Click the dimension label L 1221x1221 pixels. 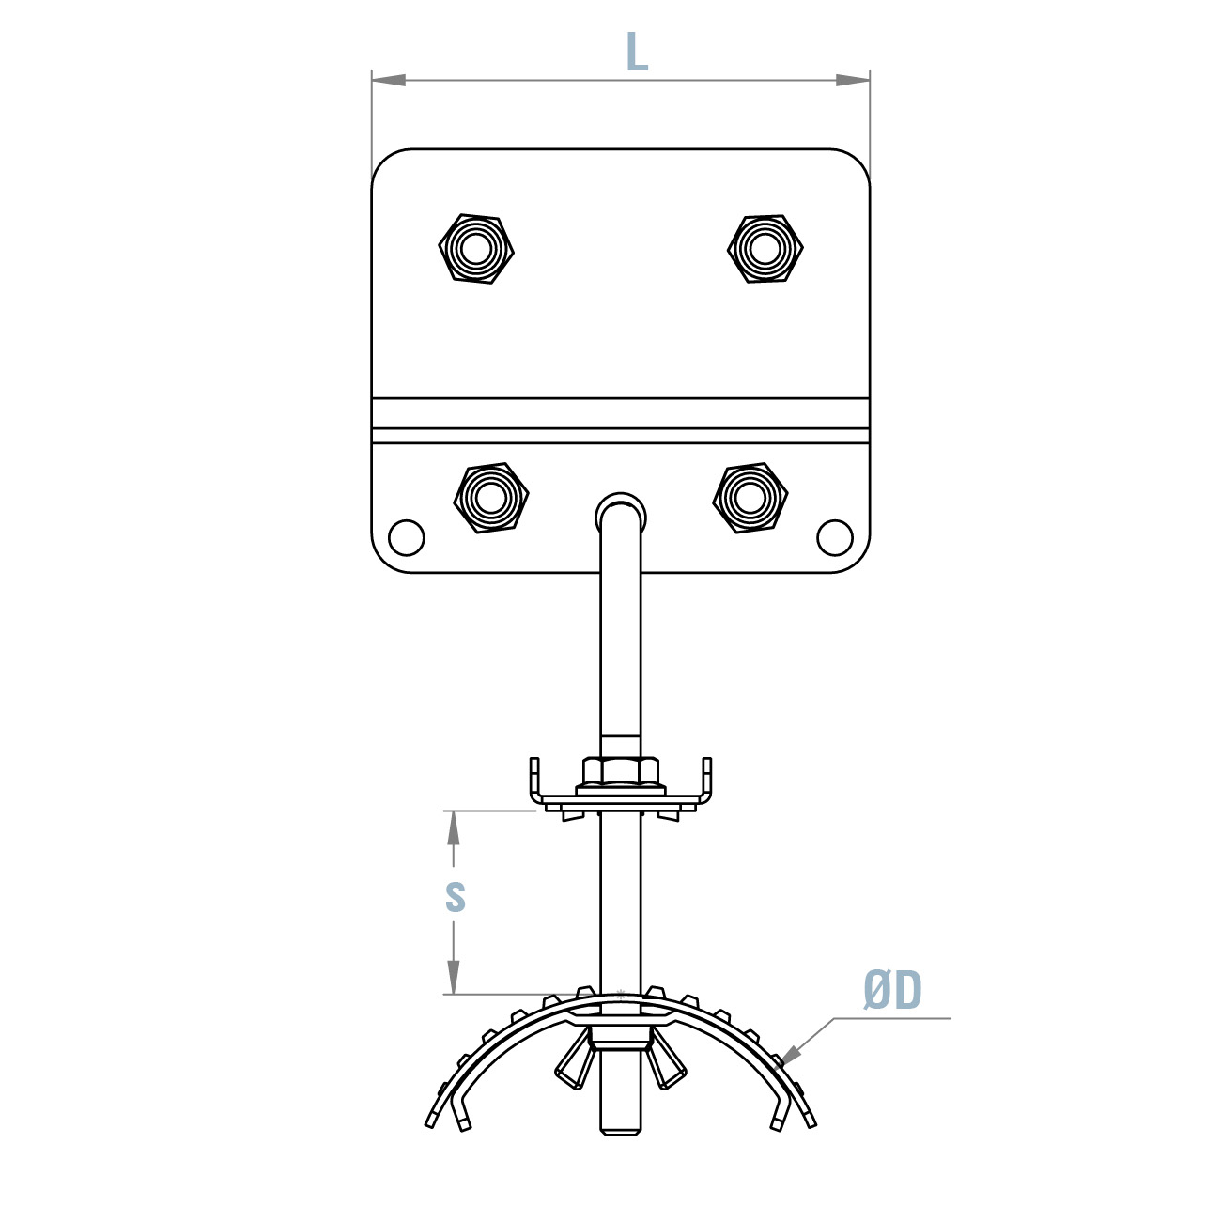click(637, 53)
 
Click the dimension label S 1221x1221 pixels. click(455, 897)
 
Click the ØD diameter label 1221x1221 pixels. click(892, 991)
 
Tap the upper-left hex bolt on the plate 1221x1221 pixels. click(476, 249)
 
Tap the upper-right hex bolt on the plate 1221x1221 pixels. click(765, 249)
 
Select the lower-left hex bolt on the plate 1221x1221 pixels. click(490, 498)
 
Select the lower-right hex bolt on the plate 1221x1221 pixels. click(750, 498)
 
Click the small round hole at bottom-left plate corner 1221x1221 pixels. click(407, 538)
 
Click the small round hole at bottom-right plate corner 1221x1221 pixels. click(835, 538)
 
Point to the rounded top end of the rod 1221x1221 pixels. click(621, 507)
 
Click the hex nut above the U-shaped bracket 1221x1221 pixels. click(621, 772)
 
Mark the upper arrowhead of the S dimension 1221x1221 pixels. click(454, 827)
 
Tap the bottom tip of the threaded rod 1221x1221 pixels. click(621, 1130)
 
